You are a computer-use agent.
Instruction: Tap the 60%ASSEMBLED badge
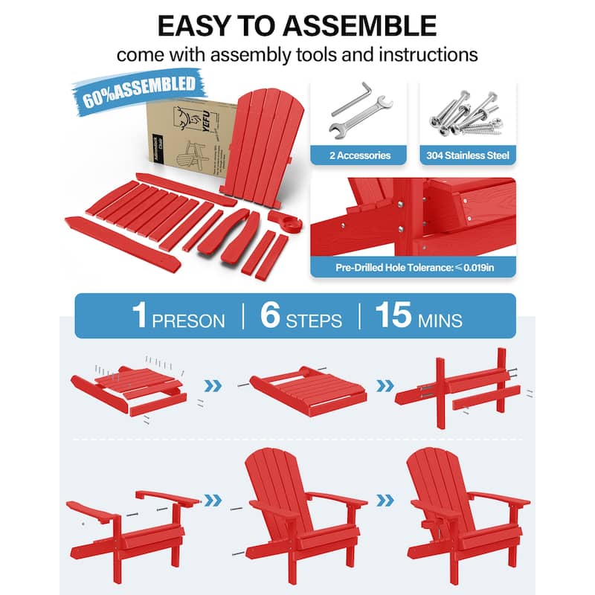point(139,90)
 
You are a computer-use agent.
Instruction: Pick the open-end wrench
point(364,119)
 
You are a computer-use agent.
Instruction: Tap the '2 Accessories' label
point(359,155)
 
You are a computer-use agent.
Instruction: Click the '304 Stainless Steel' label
point(468,155)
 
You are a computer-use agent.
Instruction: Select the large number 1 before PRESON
point(139,315)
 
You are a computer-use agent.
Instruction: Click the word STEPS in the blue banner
point(314,321)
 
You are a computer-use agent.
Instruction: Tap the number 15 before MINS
point(393,315)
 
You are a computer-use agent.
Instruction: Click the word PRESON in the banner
point(188,321)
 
